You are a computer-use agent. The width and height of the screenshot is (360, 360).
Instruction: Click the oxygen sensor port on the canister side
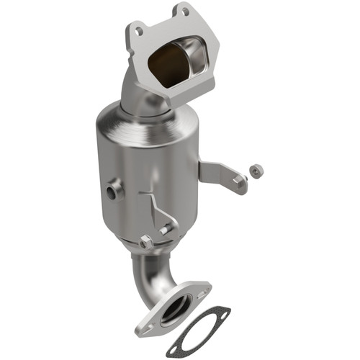113,192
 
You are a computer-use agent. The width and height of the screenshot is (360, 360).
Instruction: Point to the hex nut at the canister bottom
146,243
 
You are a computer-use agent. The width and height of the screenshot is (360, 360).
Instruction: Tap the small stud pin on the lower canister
167,229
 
